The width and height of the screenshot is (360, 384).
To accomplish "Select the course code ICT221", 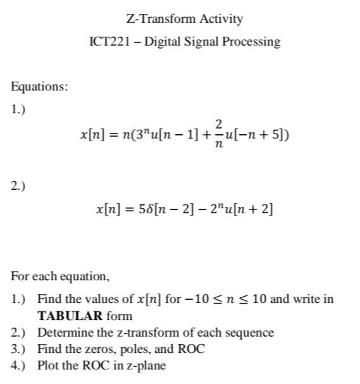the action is (110, 42).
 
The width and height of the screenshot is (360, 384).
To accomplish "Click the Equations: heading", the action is (39, 87).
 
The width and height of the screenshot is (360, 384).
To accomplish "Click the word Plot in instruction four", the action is (48, 365).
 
